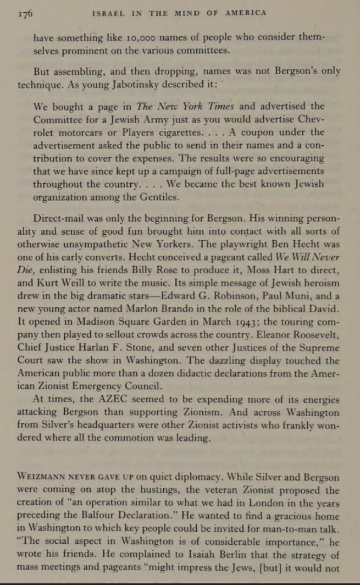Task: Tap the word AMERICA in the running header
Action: [x=246, y=13]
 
